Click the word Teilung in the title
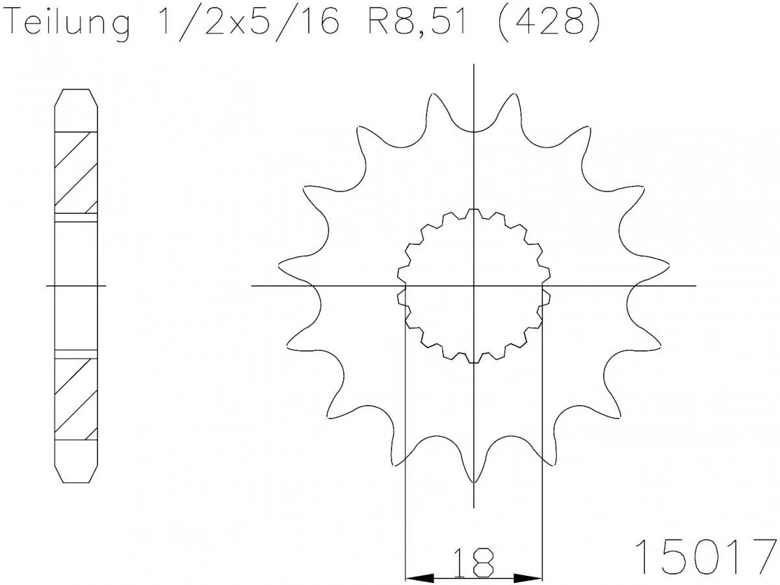point(68,25)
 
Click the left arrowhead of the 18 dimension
point(419,577)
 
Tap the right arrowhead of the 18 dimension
point(528,577)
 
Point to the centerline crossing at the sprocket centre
point(474,285)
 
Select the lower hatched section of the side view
point(76,396)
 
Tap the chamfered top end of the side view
point(76,97)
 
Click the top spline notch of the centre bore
point(474,212)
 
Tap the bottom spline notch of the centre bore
point(474,359)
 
